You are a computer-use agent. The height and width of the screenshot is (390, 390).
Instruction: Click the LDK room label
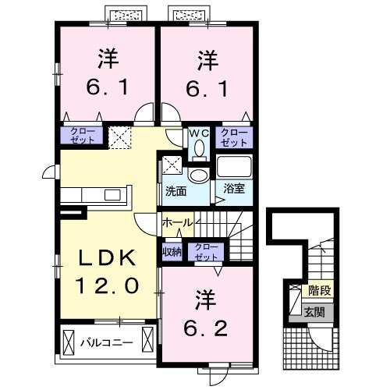coord(107,258)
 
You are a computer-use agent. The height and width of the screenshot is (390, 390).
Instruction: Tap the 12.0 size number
coord(108,285)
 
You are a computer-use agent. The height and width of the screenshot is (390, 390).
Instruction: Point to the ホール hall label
coord(178,223)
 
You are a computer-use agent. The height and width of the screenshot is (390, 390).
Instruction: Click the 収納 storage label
coord(172,251)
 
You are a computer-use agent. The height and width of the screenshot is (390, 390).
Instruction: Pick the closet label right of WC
coord(233,138)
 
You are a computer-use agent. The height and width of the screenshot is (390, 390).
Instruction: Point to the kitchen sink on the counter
coord(109,195)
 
